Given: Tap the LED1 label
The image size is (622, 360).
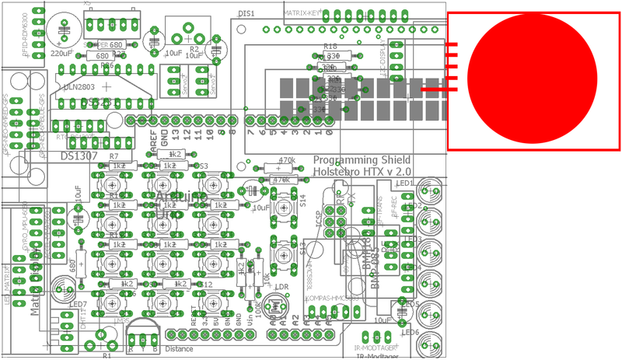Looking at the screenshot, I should [x=404, y=183].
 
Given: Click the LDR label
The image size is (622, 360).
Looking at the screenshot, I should [x=282, y=288].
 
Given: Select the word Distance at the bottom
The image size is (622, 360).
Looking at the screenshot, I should [x=179, y=349].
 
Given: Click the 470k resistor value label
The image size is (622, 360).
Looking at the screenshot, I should [x=286, y=160].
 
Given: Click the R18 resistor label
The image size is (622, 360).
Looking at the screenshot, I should [x=330, y=47].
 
